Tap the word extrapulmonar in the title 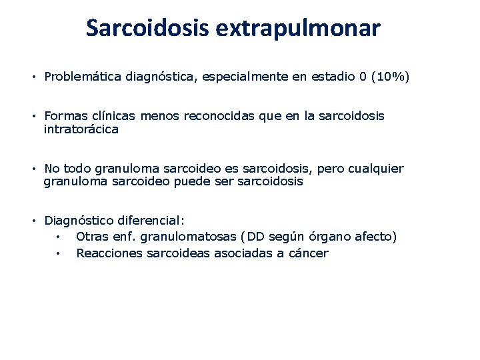(297, 28)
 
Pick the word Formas (65, 116)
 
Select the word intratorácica (81, 129)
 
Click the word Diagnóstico (79, 221)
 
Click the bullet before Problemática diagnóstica (32, 77)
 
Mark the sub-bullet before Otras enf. (59, 237)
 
